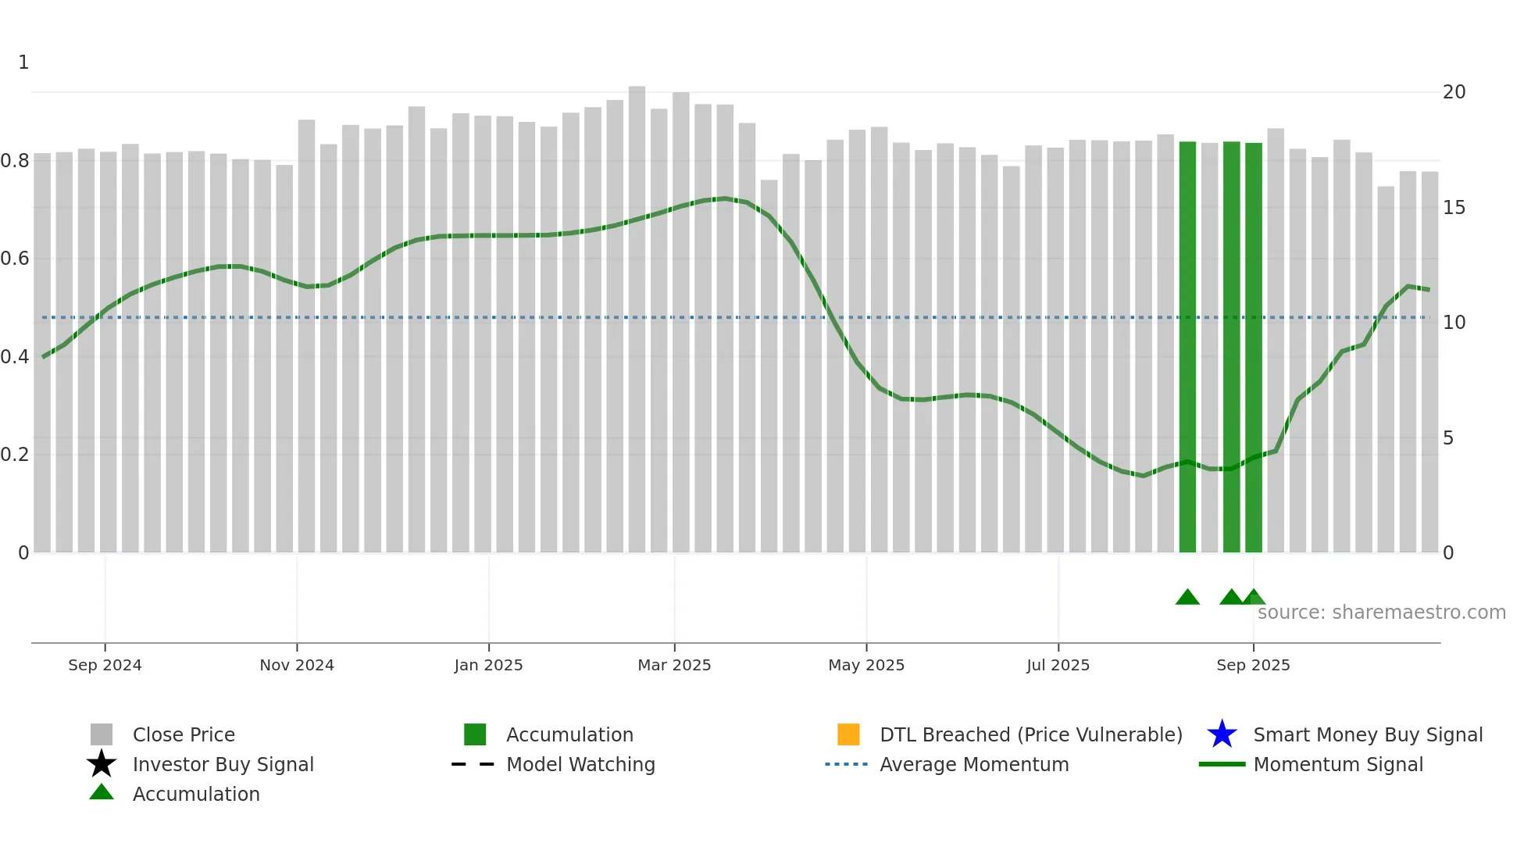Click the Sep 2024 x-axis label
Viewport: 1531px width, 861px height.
tap(105, 665)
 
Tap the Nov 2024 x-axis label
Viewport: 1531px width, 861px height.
tap(297, 665)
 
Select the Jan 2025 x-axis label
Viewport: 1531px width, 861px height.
tap(488, 665)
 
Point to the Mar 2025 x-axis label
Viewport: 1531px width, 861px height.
tap(674, 665)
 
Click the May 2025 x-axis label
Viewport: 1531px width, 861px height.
tap(866, 665)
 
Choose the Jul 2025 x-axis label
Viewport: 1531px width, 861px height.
tap(1058, 665)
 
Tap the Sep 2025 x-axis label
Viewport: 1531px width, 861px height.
tap(1253, 665)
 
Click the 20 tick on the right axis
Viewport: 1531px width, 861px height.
tap(1454, 92)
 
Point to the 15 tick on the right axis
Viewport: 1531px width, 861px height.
tap(1454, 208)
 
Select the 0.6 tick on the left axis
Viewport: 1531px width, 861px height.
tap(15, 259)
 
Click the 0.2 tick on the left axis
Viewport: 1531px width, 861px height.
tap(15, 455)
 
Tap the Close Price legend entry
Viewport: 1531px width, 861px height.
tap(184, 734)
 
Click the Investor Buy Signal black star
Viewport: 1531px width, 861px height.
tap(102, 764)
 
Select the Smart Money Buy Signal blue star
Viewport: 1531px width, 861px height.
tap(1222, 734)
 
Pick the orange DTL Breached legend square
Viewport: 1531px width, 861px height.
tap(848, 734)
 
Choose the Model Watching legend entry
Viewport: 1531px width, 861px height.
tap(580, 764)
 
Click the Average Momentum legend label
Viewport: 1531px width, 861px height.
tap(974, 764)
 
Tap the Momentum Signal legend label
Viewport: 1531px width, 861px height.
tap(1338, 764)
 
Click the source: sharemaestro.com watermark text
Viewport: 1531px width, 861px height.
tap(1381, 613)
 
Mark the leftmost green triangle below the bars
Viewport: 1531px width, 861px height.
tap(1187, 598)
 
